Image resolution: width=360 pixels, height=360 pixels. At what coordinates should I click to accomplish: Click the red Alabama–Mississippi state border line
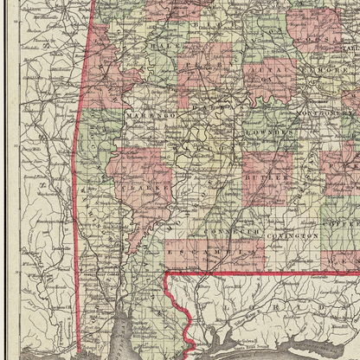coord(79,173)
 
